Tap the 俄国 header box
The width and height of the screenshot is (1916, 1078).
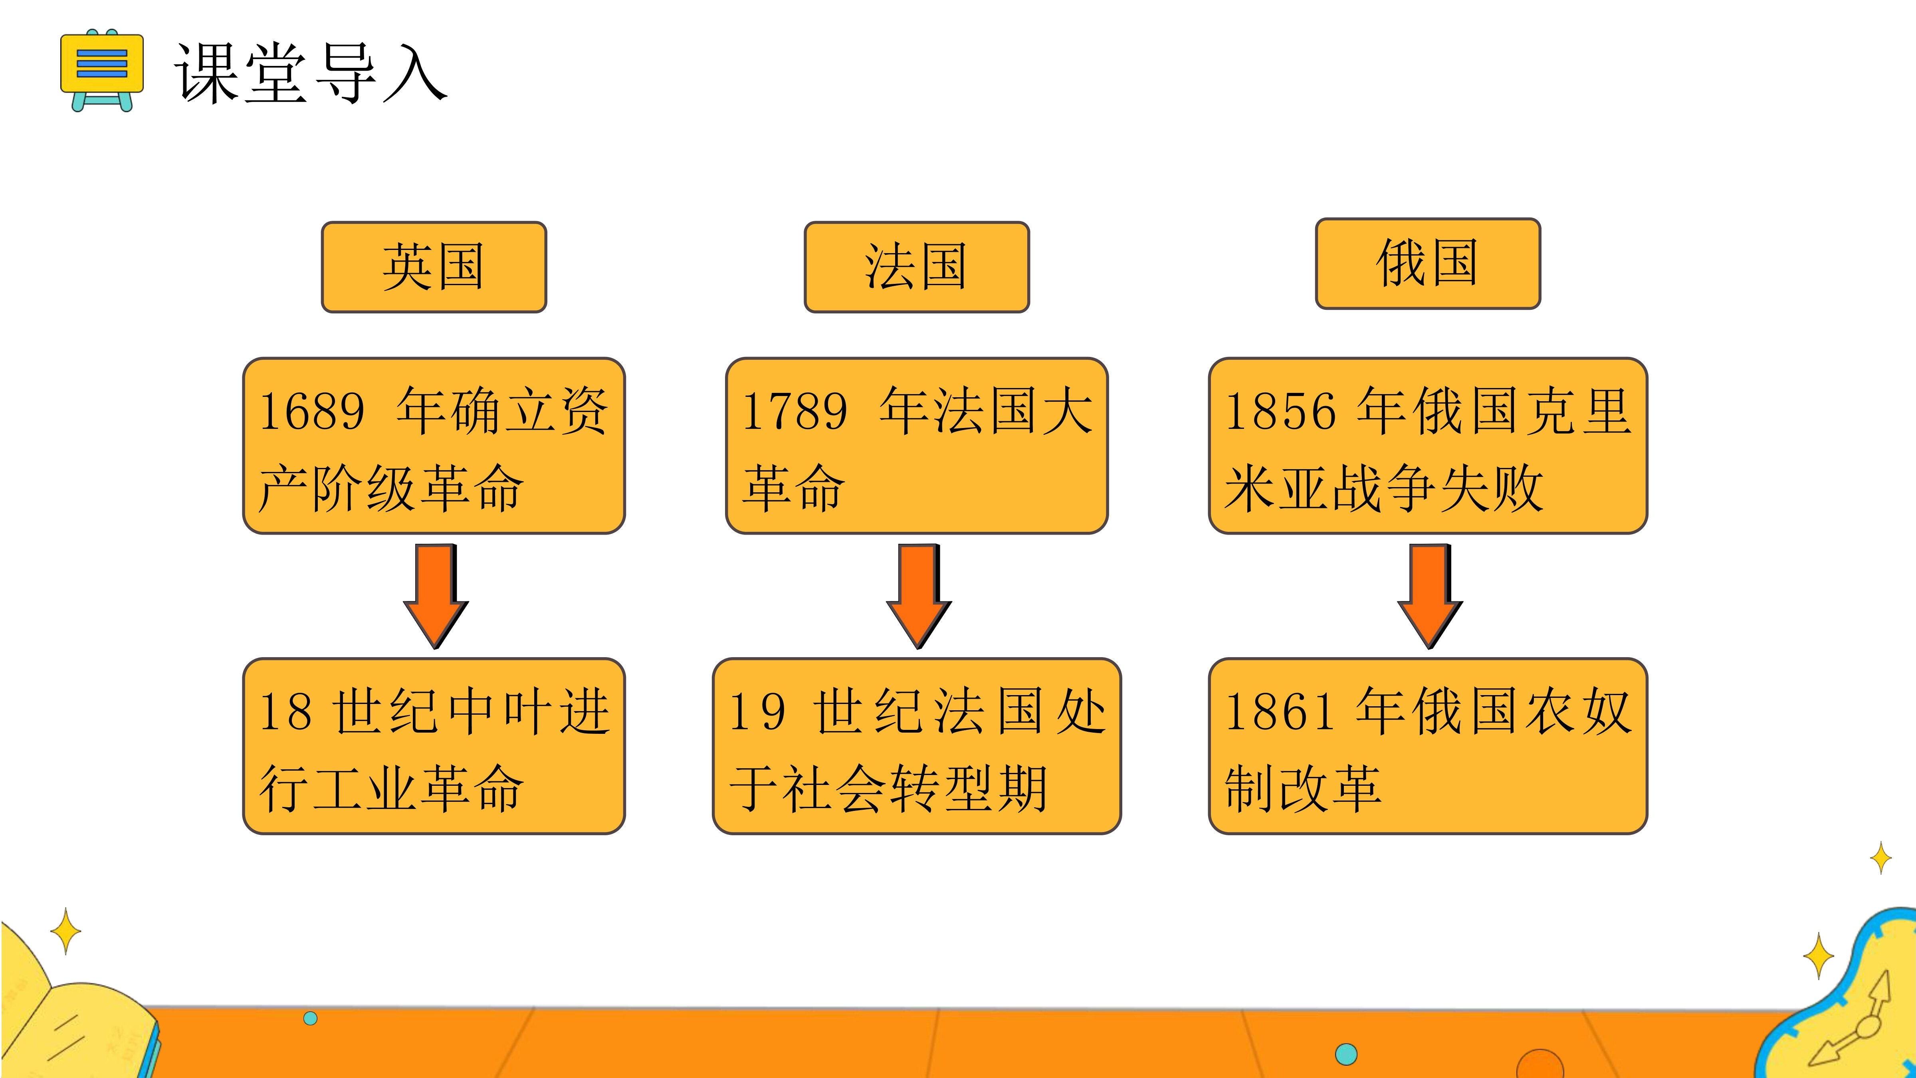pos(1427,264)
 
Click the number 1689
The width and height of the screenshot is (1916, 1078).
pos(312,411)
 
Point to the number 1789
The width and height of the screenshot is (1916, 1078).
pos(795,411)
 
